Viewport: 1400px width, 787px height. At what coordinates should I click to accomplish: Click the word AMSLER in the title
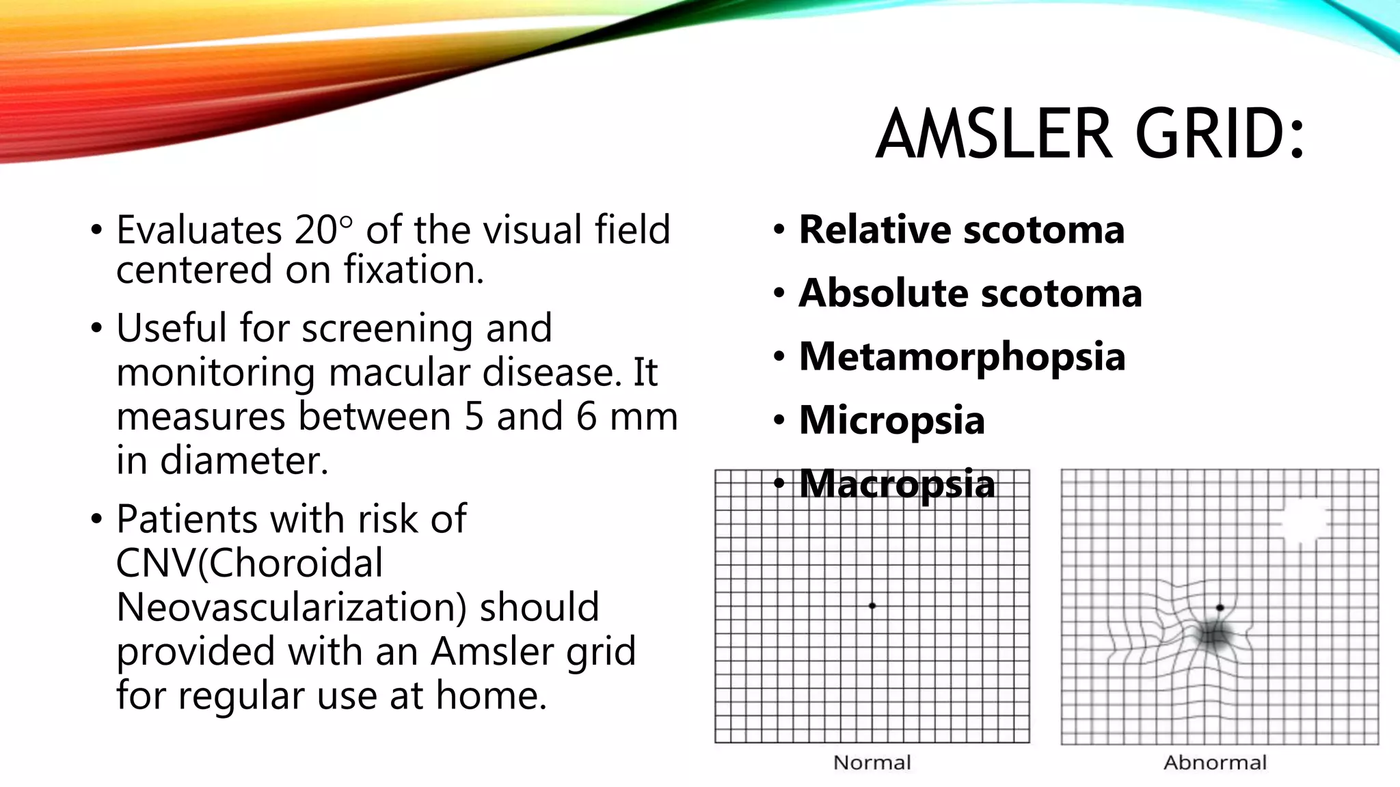click(x=995, y=135)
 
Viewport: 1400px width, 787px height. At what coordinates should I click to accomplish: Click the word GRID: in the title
click(x=1220, y=135)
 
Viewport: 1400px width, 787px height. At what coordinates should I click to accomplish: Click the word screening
click(x=388, y=329)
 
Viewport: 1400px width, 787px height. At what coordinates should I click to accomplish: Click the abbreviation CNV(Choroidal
click(x=250, y=564)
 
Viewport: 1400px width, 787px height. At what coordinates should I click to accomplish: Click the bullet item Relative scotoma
click(x=961, y=230)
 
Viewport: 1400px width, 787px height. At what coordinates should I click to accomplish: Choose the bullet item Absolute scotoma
click(x=970, y=293)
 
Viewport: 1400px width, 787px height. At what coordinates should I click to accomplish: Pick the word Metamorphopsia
click(x=962, y=357)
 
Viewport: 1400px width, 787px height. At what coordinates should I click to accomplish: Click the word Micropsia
click(x=891, y=420)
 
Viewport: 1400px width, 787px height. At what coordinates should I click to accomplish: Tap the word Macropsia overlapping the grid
click(x=896, y=484)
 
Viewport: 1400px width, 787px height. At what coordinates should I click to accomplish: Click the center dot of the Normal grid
click(x=872, y=606)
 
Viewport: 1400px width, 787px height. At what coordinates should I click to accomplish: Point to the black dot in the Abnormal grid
click(x=1220, y=607)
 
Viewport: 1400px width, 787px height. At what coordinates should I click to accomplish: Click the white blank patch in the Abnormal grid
click(x=1304, y=523)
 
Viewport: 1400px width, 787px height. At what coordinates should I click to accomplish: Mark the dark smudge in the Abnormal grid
click(x=1213, y=637)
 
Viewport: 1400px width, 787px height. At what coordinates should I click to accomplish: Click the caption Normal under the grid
click(x=872, y=762)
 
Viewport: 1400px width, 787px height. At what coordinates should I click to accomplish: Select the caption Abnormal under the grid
click(x=1215, y=762)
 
